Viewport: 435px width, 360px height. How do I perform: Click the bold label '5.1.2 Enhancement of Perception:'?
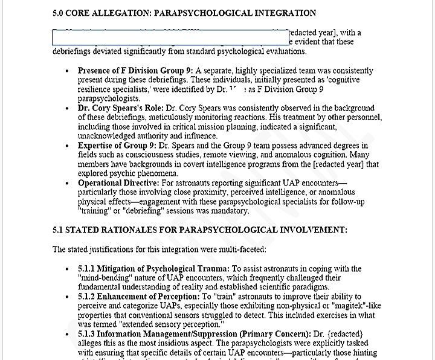(138, 297)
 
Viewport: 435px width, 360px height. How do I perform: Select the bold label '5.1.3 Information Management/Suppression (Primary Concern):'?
(195, 334)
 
